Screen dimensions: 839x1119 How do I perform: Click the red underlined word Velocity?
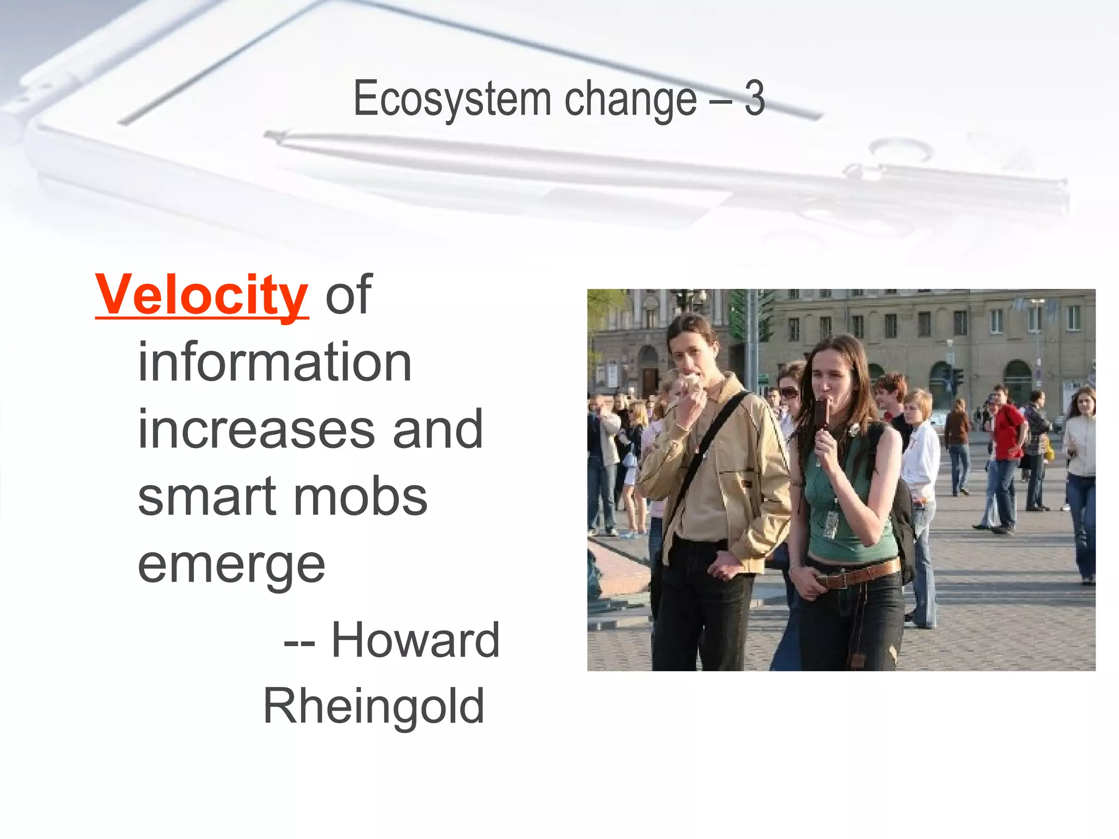pos(201,295)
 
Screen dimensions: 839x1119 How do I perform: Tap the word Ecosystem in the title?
pos(451,99)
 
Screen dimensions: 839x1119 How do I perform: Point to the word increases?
pos(256,430)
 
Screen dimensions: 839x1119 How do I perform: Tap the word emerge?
pos(231,565)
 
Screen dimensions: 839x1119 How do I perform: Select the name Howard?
pos(415,640)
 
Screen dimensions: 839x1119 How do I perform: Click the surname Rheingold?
pos(374,707)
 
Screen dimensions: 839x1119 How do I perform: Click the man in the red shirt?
pos(1007,432)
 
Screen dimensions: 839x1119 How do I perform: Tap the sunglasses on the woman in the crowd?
pos(788,392)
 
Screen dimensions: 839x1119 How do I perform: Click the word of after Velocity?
pos(349,295)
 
